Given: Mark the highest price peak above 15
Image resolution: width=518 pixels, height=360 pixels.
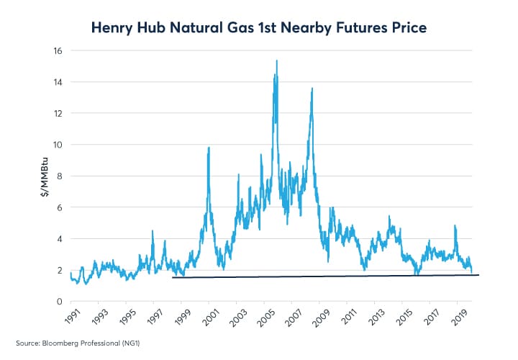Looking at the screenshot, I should pyautogui.click(x=277, y=61).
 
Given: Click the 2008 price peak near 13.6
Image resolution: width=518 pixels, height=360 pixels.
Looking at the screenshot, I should pyautogui.click(x=312, y=89).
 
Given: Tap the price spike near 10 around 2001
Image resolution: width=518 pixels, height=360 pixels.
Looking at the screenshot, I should pyautogui.click(x=209, y=148).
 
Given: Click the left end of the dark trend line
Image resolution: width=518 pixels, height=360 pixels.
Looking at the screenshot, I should pyautogui.click(x=173, y=277).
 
